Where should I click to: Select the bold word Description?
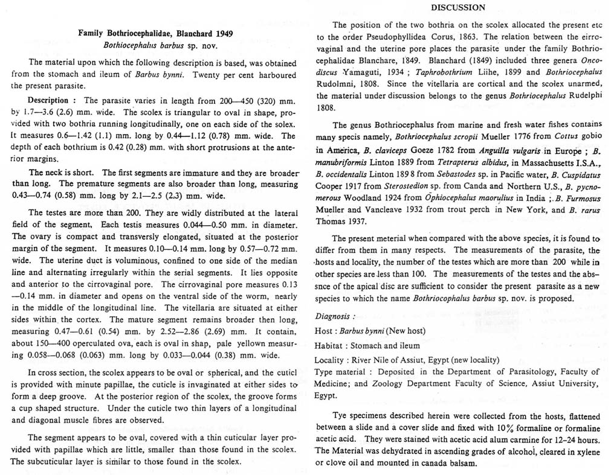49,100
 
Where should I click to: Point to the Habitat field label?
330,346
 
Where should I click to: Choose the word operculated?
97,342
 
